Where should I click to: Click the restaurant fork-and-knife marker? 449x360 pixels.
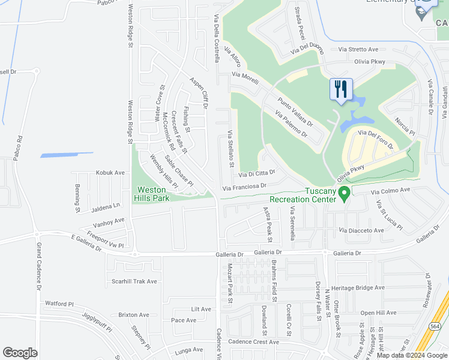(x=341, y=90)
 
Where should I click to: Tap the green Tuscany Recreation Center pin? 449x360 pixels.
(x=344, y=193)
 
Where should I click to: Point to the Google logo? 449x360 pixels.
(x=20, y=353)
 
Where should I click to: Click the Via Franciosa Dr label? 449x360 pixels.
(x=244, y=187)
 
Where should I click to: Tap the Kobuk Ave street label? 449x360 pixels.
(x=110, y=173)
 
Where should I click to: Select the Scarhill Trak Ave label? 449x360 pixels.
(x=134, y=281)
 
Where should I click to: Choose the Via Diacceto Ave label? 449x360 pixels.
(x=361, y=230)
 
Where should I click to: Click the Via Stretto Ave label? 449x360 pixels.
(x=358, y=49)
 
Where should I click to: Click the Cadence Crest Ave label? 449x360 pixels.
(x=254, y=341)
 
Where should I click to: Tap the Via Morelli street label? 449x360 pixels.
(x=245, y=75)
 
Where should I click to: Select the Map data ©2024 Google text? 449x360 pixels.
(x=412, y=355)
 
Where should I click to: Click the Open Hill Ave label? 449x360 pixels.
(x=378, y=313)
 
